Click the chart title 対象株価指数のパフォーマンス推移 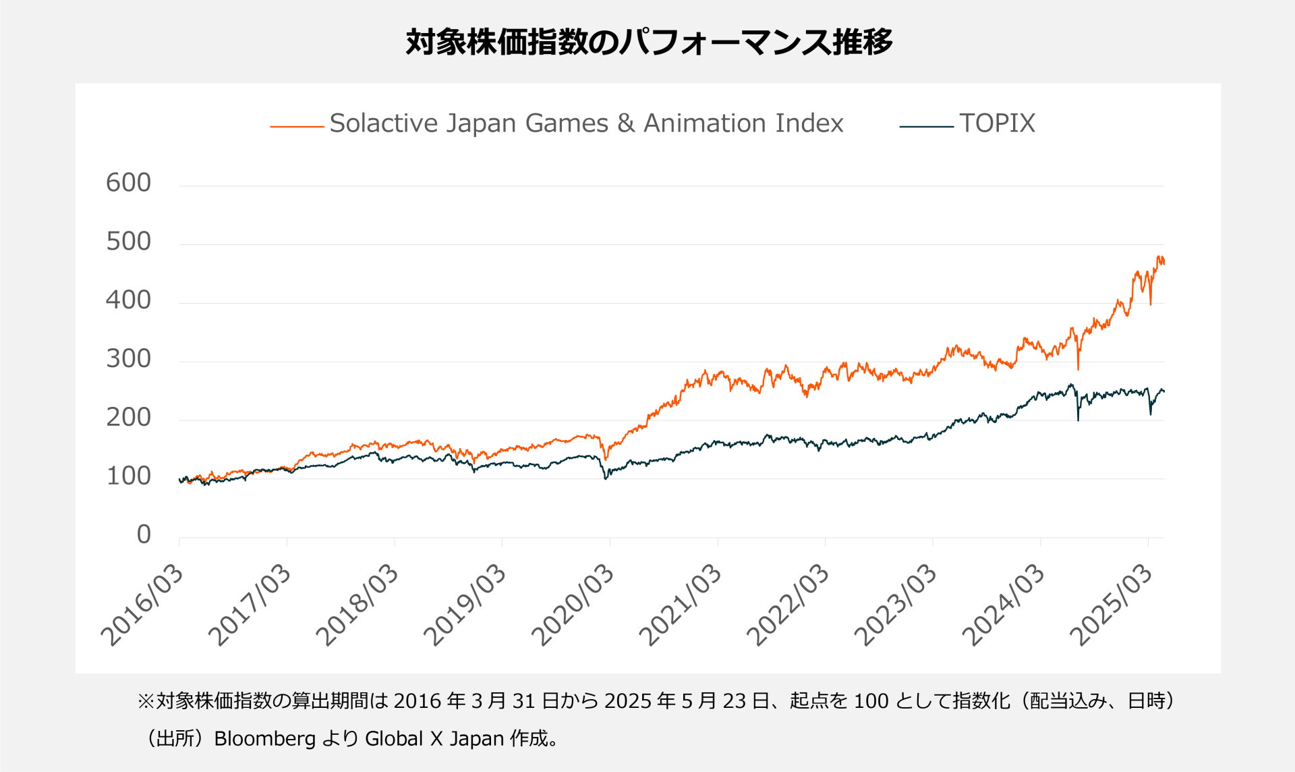tap(649, 42)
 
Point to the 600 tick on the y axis tap(128, 183)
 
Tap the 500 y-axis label tap(128, 242)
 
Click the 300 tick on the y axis tap(128, 359)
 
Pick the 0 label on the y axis tap(143, 534)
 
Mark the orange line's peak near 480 tap(1159, 258)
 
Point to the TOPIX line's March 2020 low tap(606, 478)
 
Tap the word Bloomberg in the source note tap(264, 739)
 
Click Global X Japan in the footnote tap(434, 739)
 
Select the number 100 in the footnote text tap(871, 701)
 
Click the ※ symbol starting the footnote tap(146, 701)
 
